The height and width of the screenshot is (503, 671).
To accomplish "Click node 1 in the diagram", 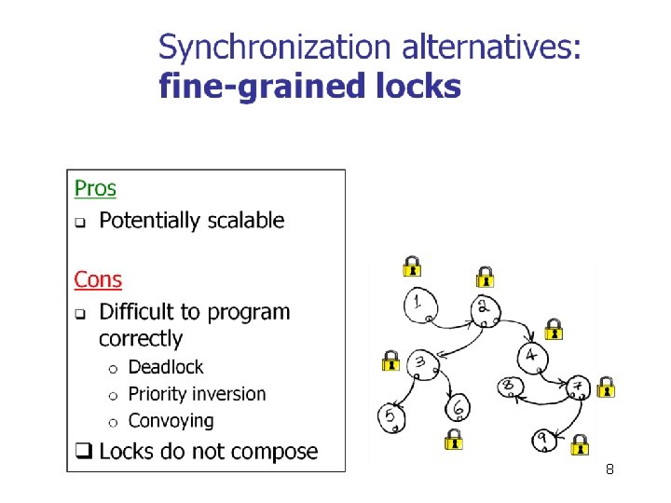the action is click(420, 304).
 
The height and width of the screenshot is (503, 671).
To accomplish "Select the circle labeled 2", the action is click(485, 309).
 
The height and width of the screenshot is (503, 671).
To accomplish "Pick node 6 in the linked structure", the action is click(458, 407).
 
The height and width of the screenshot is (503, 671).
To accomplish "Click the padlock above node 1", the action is click(411, 266).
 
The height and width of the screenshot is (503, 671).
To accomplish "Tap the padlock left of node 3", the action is click(390, 360).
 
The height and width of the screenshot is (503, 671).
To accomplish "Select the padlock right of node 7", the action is click(606, 386).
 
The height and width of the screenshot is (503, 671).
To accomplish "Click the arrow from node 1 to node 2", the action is click(452, 325).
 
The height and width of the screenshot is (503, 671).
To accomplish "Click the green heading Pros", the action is click(95, 188).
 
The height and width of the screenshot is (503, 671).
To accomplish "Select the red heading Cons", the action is click(98, 279).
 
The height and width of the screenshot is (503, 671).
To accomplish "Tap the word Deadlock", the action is click(165, 367).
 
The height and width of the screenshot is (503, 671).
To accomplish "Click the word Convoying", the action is click(171, 421).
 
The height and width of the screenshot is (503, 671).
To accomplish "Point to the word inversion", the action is click(228, 394).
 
